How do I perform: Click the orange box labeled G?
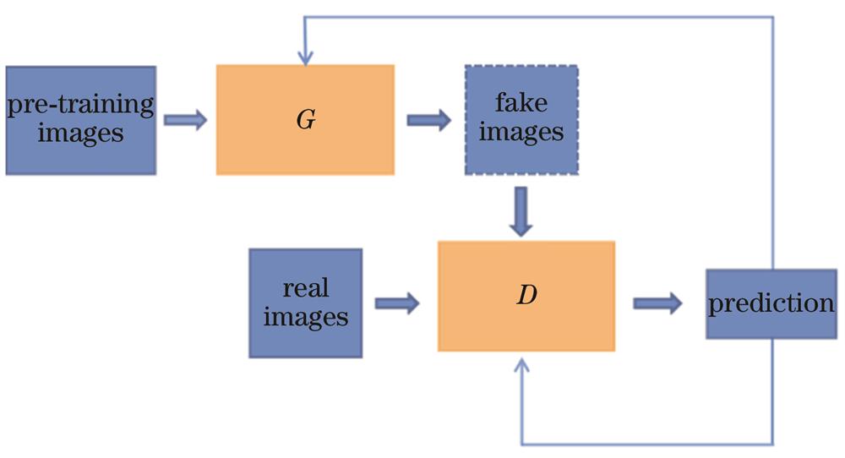[x=305, y=119]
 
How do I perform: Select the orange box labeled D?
[x=526, y=296]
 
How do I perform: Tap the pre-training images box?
[x=80, y=120]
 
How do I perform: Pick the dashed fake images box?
[x=521, y=119]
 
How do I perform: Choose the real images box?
[x=305, y=303]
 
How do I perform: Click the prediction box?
[x=771, y=304]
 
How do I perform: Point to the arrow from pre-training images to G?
[x=185, y=120]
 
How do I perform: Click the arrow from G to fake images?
[x=429, y=120]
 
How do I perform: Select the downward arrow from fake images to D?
[x=522, y=211]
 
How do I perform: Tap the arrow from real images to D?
[x=396, y=303]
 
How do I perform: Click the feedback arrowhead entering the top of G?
[x=305, y=57]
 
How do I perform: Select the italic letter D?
[x=526, y=297]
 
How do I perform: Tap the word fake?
[x=521, y=105]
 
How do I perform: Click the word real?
[x=305, y=289]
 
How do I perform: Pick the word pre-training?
[x=80, y=106]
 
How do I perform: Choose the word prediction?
[x=771, y=304]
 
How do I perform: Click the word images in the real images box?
[x=305, y=317]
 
